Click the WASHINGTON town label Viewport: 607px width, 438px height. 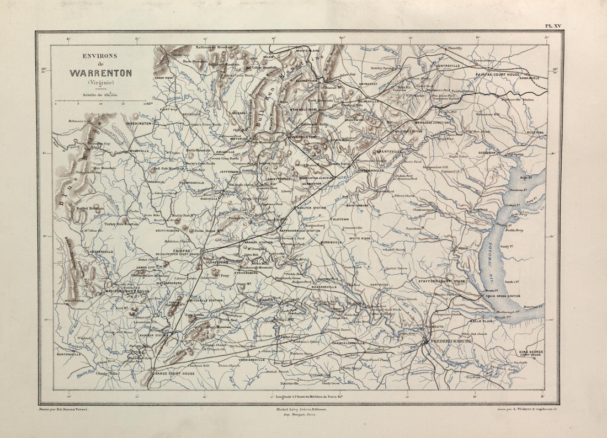tap(139, 124)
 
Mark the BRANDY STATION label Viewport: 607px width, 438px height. tap(258, 242)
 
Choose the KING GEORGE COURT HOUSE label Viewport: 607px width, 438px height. tap(531, 354)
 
